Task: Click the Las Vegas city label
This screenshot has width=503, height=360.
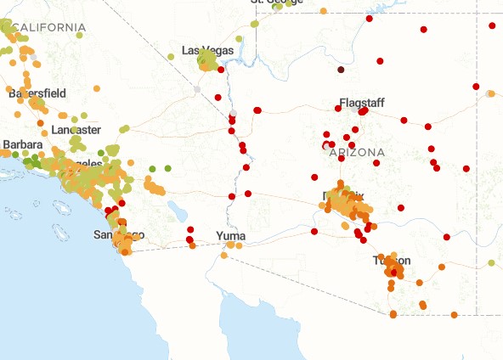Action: (207, 50)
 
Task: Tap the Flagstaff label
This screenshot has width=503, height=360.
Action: (362, 103)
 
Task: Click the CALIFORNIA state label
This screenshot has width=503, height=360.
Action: (48, 28)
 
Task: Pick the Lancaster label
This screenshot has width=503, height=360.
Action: (76, 130)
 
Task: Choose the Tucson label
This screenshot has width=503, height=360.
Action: (392, 261)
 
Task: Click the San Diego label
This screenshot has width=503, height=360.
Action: (118, 235)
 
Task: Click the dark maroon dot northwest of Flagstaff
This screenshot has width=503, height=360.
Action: (341, 70)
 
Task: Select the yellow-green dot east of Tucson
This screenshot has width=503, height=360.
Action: (491, 263)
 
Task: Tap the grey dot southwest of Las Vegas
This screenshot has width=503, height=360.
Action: (197, 88)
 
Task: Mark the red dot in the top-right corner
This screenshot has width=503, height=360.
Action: (492, 25)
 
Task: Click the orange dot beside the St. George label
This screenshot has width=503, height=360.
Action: (323, 11)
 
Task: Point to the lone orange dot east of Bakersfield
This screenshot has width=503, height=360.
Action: (97, 88)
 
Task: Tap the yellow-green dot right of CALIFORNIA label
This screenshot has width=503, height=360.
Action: (80, 35)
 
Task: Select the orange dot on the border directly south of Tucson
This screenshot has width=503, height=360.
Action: (393, 315)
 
